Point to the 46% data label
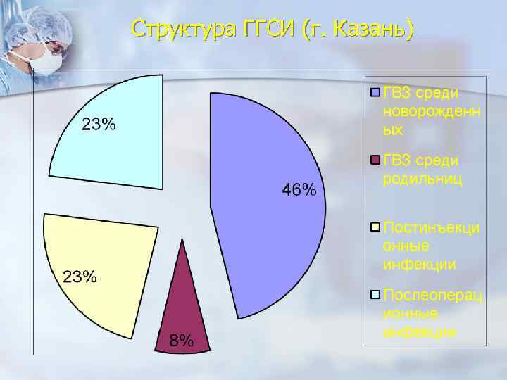299,190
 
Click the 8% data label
182,341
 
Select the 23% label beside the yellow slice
81,276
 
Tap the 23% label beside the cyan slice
99,125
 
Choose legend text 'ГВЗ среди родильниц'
422,170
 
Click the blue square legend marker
375,93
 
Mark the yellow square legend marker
375,227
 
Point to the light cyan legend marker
375,294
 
